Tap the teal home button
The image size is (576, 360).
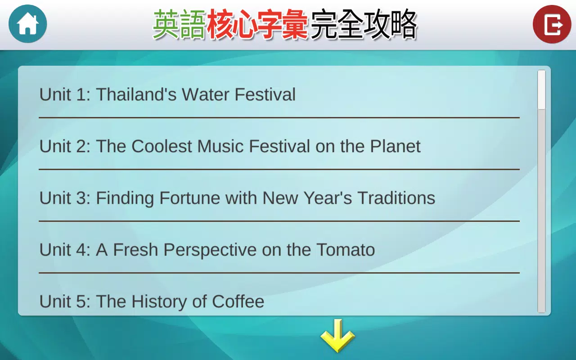(x=28, y=24)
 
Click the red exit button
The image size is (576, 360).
(x=552, y=24)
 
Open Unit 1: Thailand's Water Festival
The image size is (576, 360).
(x=167, y=94)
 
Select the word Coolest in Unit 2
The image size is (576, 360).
(x=162, y=146)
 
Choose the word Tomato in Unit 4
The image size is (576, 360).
(x=346, y=250)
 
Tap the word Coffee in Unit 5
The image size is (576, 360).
(x=238, y=301)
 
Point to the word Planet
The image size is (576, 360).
(x=395, y=146)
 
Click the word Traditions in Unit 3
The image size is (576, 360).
(x=396, y=198)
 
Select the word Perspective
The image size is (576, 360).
(x=210, y=250)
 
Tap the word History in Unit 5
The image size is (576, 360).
(x=159, y=302)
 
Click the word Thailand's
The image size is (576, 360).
(x=136, y=94)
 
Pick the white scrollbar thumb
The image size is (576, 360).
(x=541, y=90)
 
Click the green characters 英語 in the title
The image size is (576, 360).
(x=180, y=25)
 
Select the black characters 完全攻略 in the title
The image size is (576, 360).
(x=364, y=25)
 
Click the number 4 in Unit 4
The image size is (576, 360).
(x=81, y=250)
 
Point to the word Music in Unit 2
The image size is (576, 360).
(x=220, y=146)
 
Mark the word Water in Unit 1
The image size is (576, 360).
(x=206, y=94)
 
